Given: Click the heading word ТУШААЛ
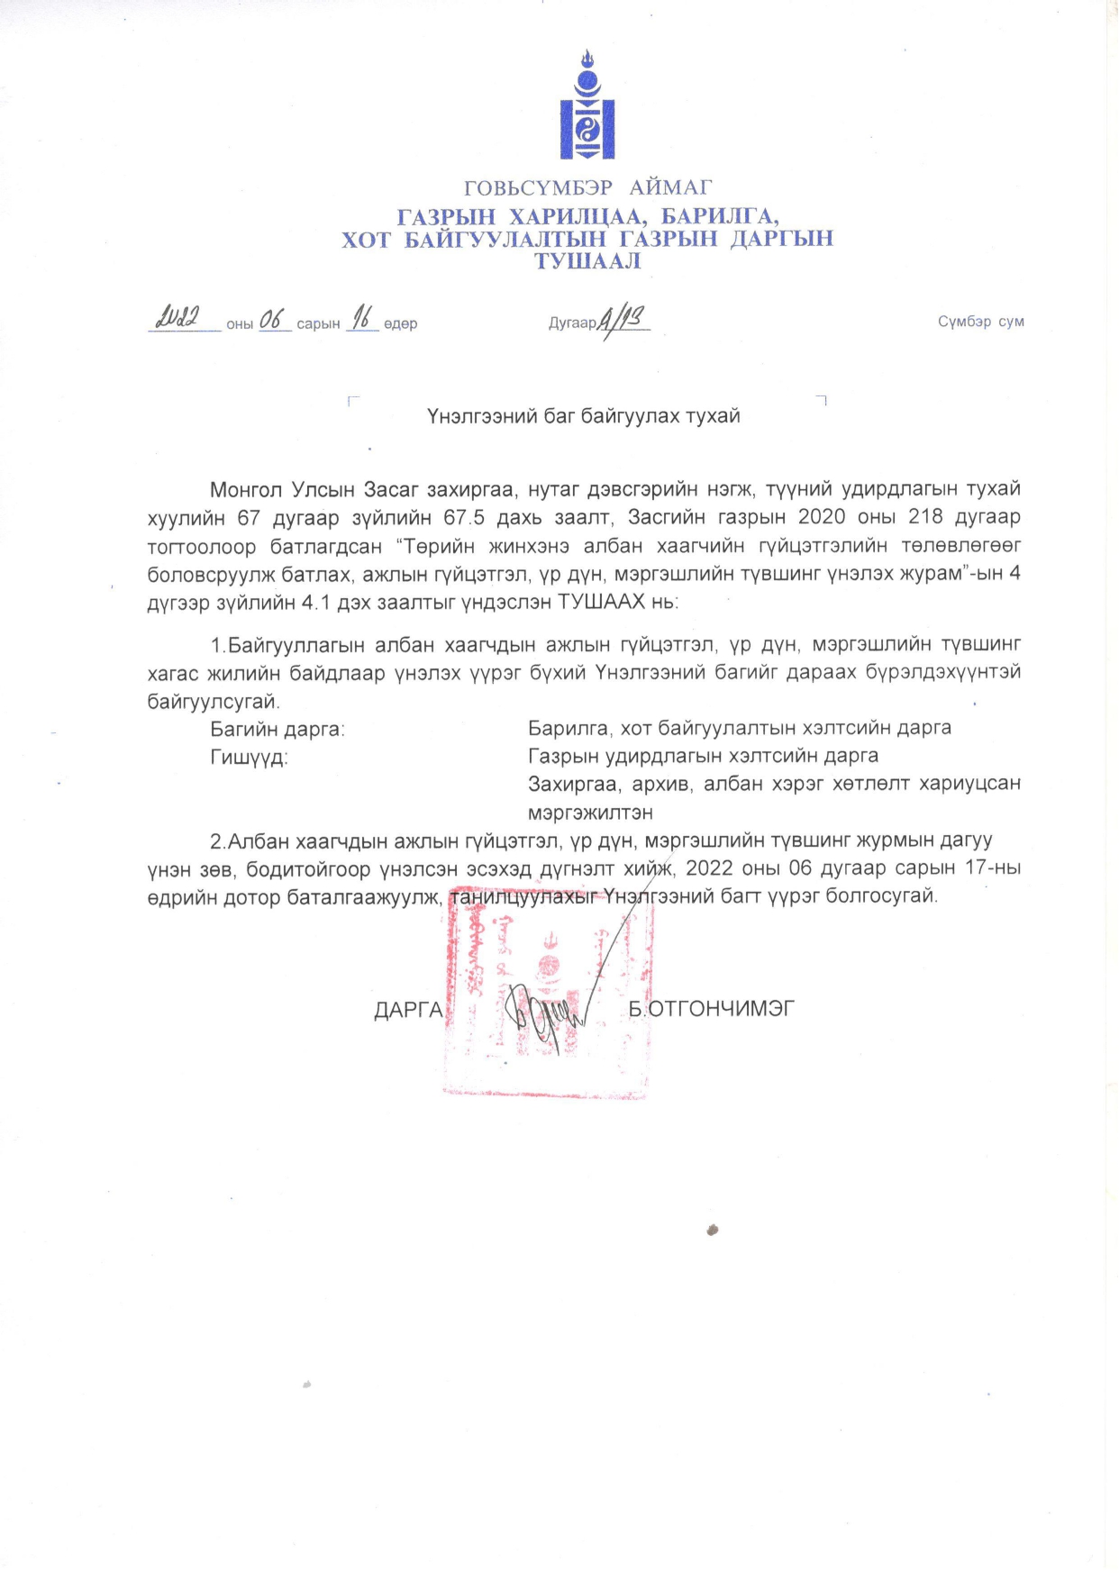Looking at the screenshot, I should pyautogui.click(x=587, y=261).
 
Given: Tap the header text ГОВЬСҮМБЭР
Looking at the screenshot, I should pyautogui.click(x=538, y=188).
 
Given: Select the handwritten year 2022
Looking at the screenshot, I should pyautogui.click(x=177, y=318).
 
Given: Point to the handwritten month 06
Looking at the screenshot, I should pyautogui.click(x=272, y=319).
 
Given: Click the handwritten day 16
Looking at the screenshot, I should pyautogui.click(x=362, y=317).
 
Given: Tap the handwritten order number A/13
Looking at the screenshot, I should pyautogui.click(x=623, y=318).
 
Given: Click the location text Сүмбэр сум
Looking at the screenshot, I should pyautogui.click(x=980, y=322).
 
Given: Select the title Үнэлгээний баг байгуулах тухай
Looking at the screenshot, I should pyautogui.click(x=583, y=416).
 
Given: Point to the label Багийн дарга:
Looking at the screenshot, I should pyautogui.click(x=277, y=729).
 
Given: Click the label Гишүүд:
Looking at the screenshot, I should pyautogui.click(x=249, y=758).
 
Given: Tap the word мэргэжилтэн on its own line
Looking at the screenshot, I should pyautogui.click(x=590, y=813).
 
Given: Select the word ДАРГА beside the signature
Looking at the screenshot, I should pyautogui.click(x=408, y=1010).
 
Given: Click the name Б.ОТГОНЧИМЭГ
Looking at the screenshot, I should pyautogui.click(x=712, y=1009).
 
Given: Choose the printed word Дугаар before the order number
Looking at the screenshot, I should pyautogui.click(x=572, y=323).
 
